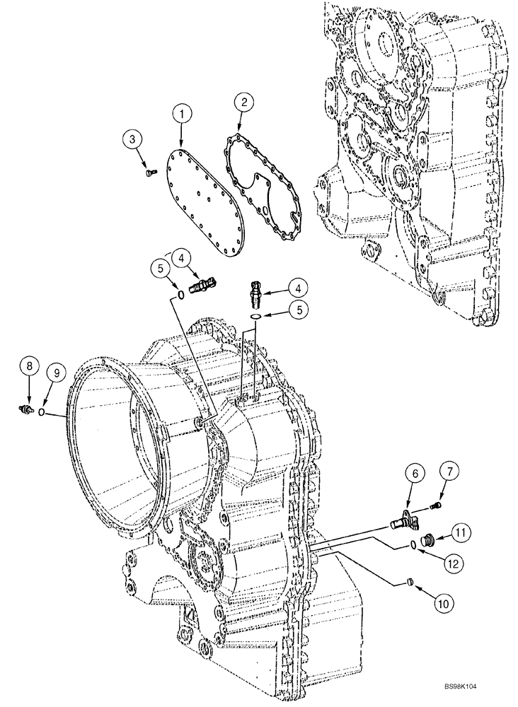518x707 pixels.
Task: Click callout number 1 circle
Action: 184,113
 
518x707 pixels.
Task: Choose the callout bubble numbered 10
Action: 443,604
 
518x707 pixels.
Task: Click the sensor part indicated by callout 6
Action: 404,521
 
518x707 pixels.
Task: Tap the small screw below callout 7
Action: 434,504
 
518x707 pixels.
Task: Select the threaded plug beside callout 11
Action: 427,542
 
